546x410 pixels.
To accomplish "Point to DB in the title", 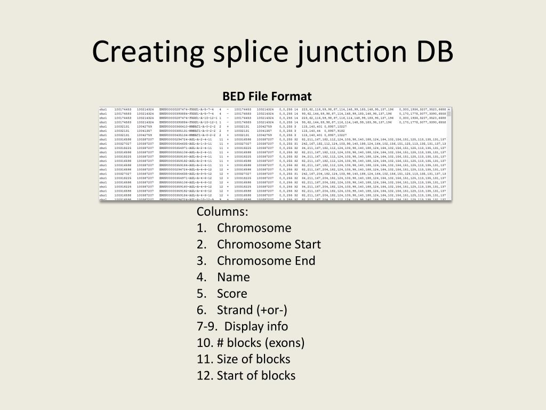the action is click(x=431, y=52).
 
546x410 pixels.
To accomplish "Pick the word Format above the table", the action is click(x=291, y=97).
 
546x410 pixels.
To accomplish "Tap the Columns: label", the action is click(x=222, y=211).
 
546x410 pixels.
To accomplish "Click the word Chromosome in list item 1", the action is click(x=254, y=228).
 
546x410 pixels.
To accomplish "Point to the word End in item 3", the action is click(x=304, y=261).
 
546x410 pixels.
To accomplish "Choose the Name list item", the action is click(x=234, y=277).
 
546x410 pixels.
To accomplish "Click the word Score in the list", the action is click(x=232, y=294).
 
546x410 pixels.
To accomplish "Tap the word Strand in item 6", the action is click(x=235, y=310).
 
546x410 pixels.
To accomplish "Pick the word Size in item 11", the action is click(x=228, y=359).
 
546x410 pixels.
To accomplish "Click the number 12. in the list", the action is click(x=205, y=375).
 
